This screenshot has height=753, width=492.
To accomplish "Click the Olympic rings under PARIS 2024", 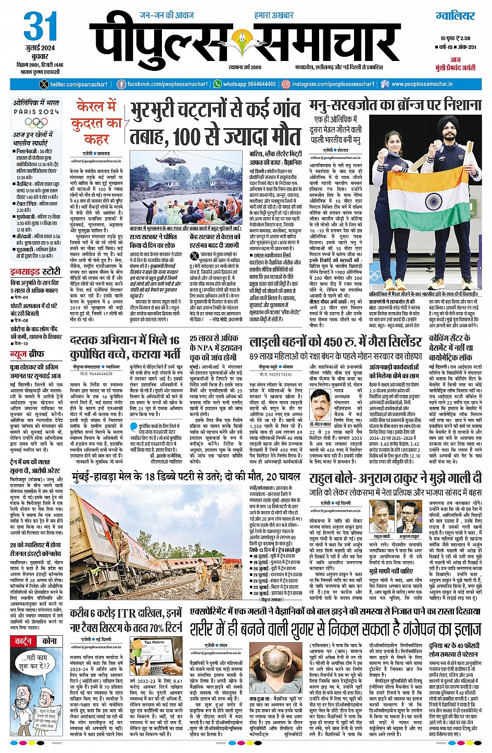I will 36,124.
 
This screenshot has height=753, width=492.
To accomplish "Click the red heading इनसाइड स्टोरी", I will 35,271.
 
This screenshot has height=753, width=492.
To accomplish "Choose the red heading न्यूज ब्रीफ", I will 26,354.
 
